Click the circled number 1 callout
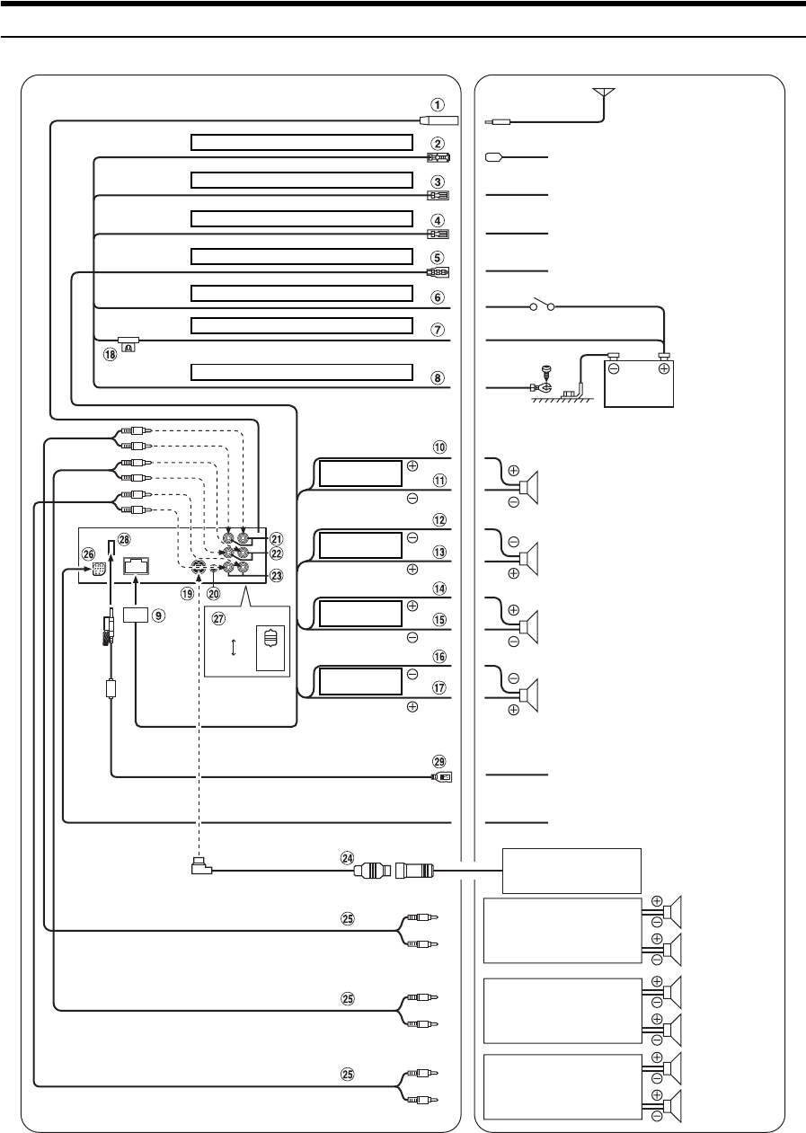[x=438, y=105]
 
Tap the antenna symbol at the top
[x=604, y=97]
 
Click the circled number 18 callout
[x=110, y=355]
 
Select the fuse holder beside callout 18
[x=128, y=344]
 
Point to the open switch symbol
[x=542, y=305]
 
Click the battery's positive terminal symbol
[x=664, y=368]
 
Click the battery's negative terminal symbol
[x=614, y=368]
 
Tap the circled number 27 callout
[x=218, y=618]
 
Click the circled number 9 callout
[x=159, y=615]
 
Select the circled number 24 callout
[x=348, y=858]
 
